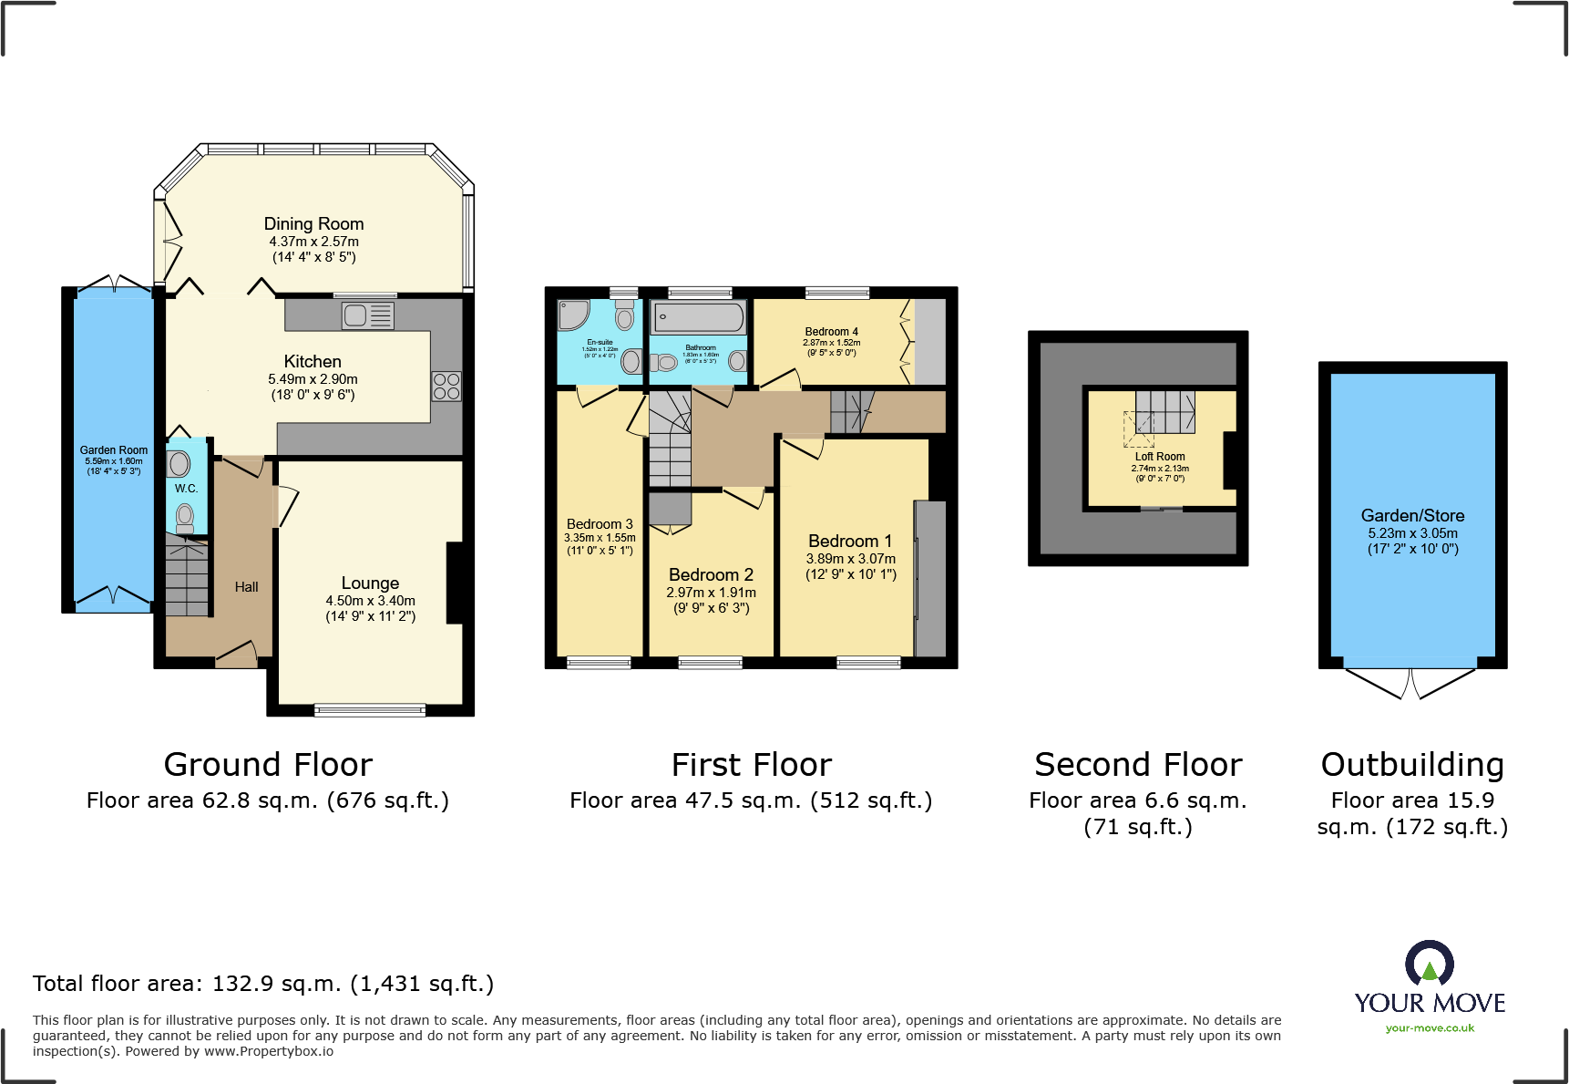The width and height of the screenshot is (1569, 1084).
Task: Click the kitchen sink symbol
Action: coord(367,316)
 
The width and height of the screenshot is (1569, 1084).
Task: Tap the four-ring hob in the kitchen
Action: coord(446,387)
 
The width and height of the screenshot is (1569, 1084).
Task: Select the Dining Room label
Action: coord(313,224)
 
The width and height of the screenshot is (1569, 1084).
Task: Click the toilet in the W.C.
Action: coord(185,518)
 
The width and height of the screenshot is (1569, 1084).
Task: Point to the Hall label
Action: coord(246,587)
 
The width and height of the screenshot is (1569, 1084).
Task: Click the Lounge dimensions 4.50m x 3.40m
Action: coord(370,601)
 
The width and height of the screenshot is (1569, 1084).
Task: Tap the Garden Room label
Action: coord(114,450)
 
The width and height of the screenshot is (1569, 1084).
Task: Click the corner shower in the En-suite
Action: coord(572,315)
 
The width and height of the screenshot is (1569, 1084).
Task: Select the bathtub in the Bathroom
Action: coord(699,318)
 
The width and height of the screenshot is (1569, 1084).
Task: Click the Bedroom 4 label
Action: coord(831,332)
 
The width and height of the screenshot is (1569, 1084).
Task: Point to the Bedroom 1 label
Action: coord(850,542)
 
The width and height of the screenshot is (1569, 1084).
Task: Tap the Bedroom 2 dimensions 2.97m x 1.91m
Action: coord(711,593)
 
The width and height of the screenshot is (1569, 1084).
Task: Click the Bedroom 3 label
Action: coord(600,524)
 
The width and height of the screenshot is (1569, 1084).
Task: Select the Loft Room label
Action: coord(1160,457)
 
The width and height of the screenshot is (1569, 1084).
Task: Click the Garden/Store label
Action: coord(1412,516)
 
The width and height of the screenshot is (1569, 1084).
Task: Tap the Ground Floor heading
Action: coord(268,764)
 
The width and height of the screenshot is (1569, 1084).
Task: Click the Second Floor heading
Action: coord(1138,764)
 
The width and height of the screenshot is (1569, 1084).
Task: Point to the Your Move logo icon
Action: coord(1429,964)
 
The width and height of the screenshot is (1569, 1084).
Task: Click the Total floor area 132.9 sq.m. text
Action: coord(263,984)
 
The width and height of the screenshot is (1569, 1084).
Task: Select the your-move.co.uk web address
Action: coord(1430,1028)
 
